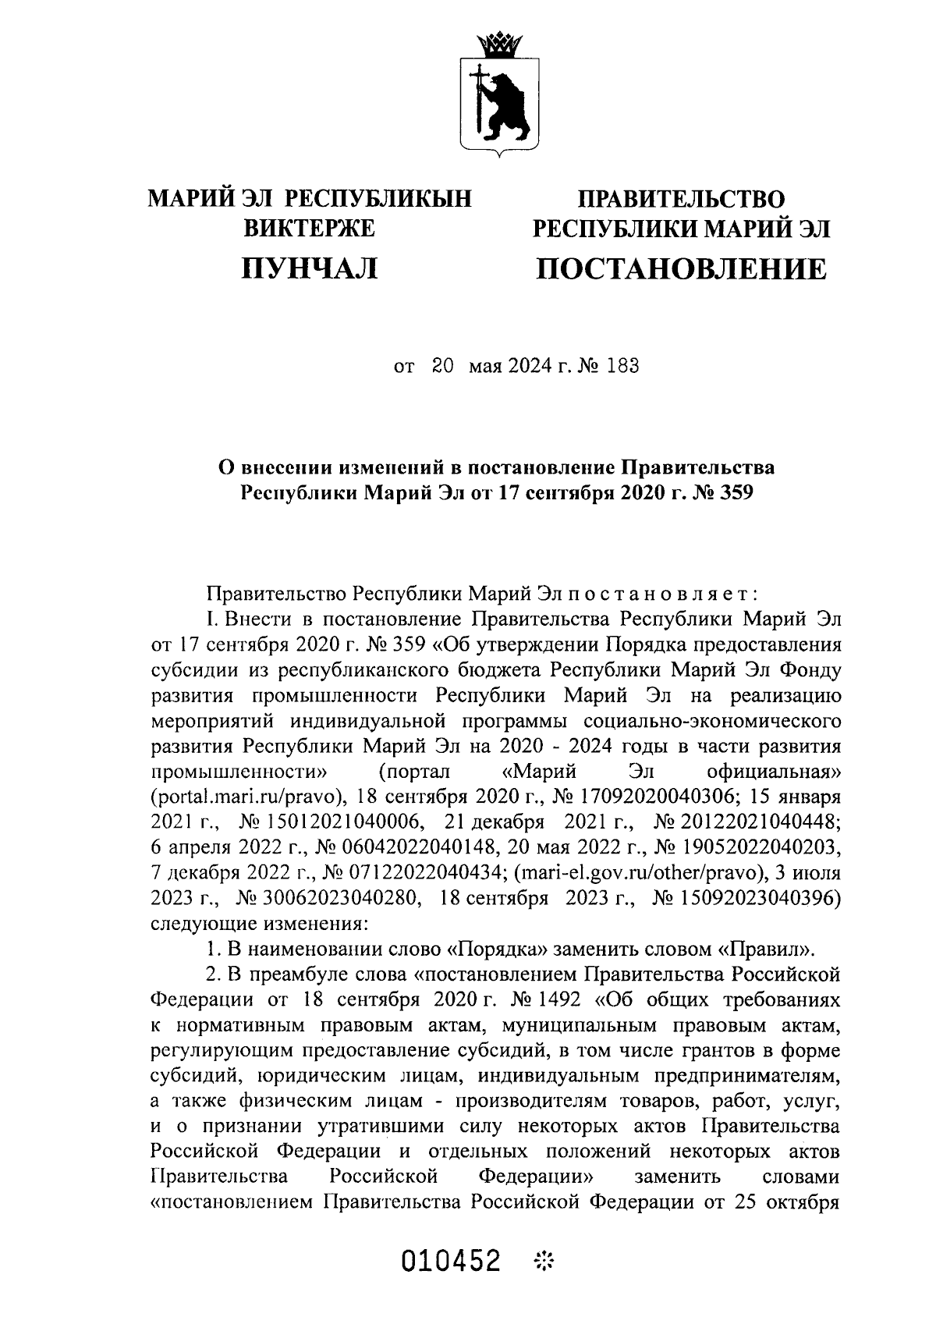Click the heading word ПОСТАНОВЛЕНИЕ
(x=679, y=269)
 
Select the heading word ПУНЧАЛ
(x=310, y=269)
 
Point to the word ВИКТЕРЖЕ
(x=310, y=229)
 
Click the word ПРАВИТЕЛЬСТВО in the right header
(x=679, y=199)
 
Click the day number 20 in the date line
(x=442, y=366)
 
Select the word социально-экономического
(x=711, y=722)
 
